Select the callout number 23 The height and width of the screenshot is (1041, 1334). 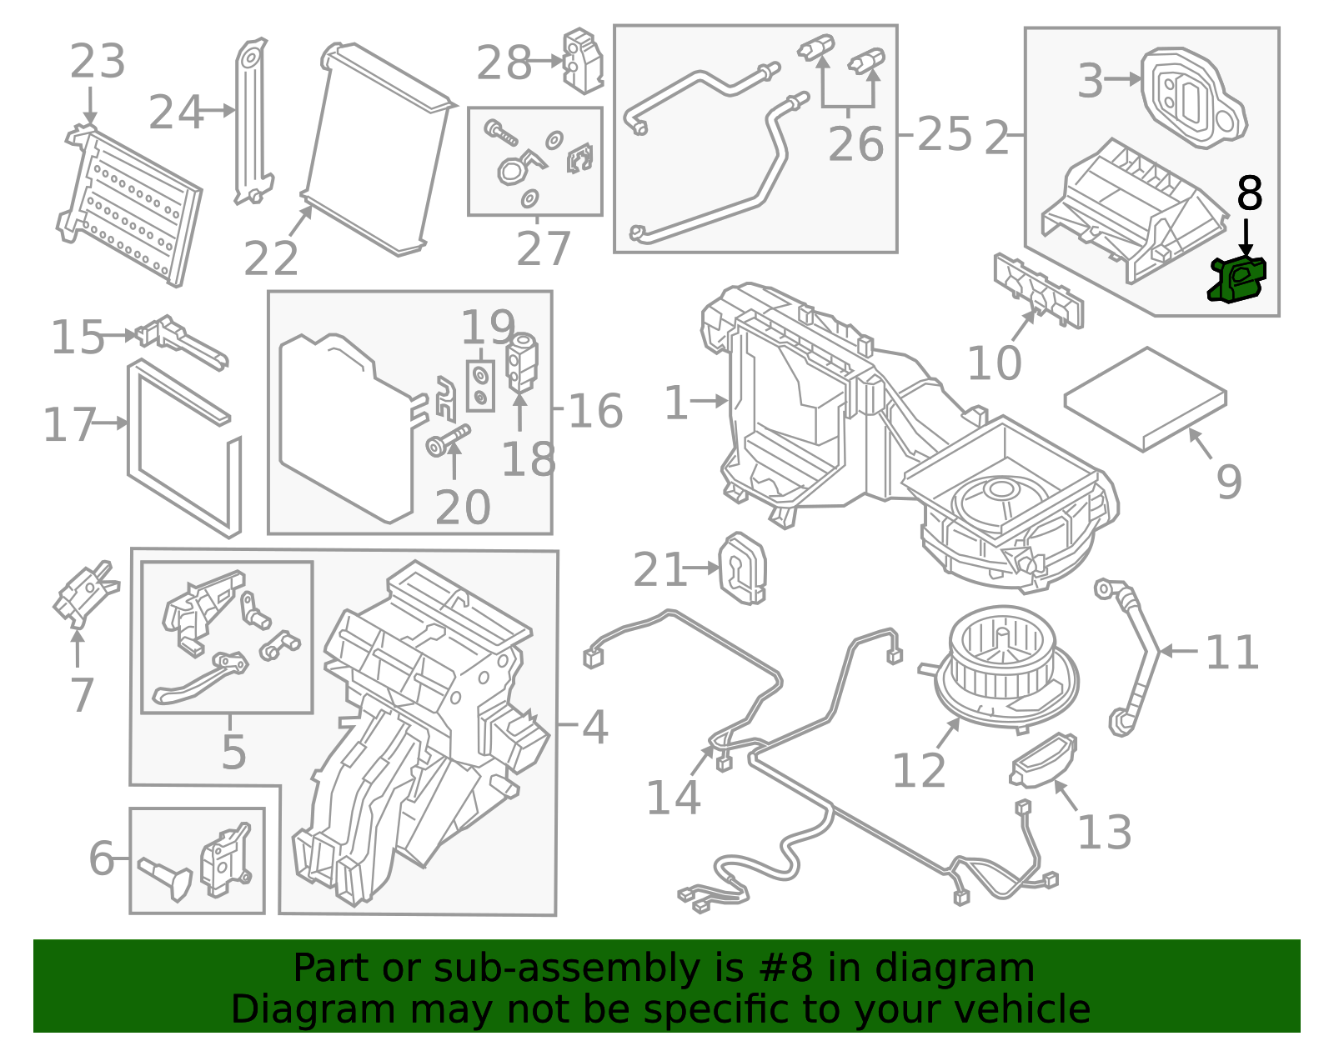[98, 62]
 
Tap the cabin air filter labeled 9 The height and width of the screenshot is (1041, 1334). [1145, 398]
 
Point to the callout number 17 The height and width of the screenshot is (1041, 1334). [69, 424]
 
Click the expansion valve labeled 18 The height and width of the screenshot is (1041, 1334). [523, 362]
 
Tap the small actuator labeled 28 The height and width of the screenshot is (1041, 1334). [583, 60]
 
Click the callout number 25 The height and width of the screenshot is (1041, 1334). [945, 134]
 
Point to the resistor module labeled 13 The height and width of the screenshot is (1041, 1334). [1043, 759]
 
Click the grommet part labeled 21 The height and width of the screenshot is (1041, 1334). [741, 569]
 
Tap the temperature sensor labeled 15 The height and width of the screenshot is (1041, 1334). [179, 339]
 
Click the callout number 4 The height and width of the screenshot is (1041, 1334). [594, 727]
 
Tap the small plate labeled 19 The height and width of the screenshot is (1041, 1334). [480, 386]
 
